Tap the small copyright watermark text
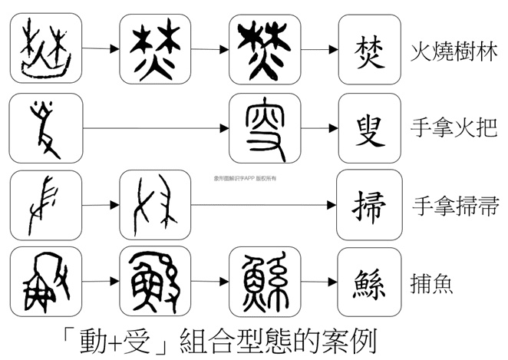tap(249, 176)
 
